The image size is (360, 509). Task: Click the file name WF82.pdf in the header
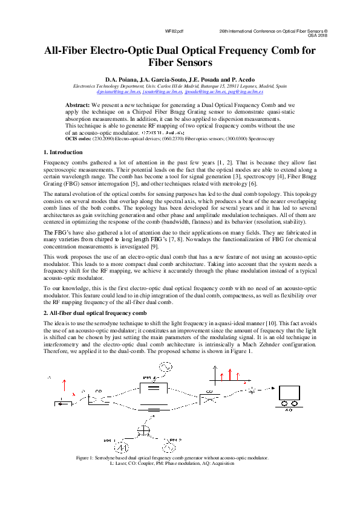[x=174, y=30]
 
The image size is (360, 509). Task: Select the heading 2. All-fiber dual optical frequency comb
[x=95, y=314]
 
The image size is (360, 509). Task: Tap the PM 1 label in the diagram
[x=110, y=439]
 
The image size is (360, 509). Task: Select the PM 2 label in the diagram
[x=174, y=439]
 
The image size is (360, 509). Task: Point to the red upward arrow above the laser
[x=64, y=384]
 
